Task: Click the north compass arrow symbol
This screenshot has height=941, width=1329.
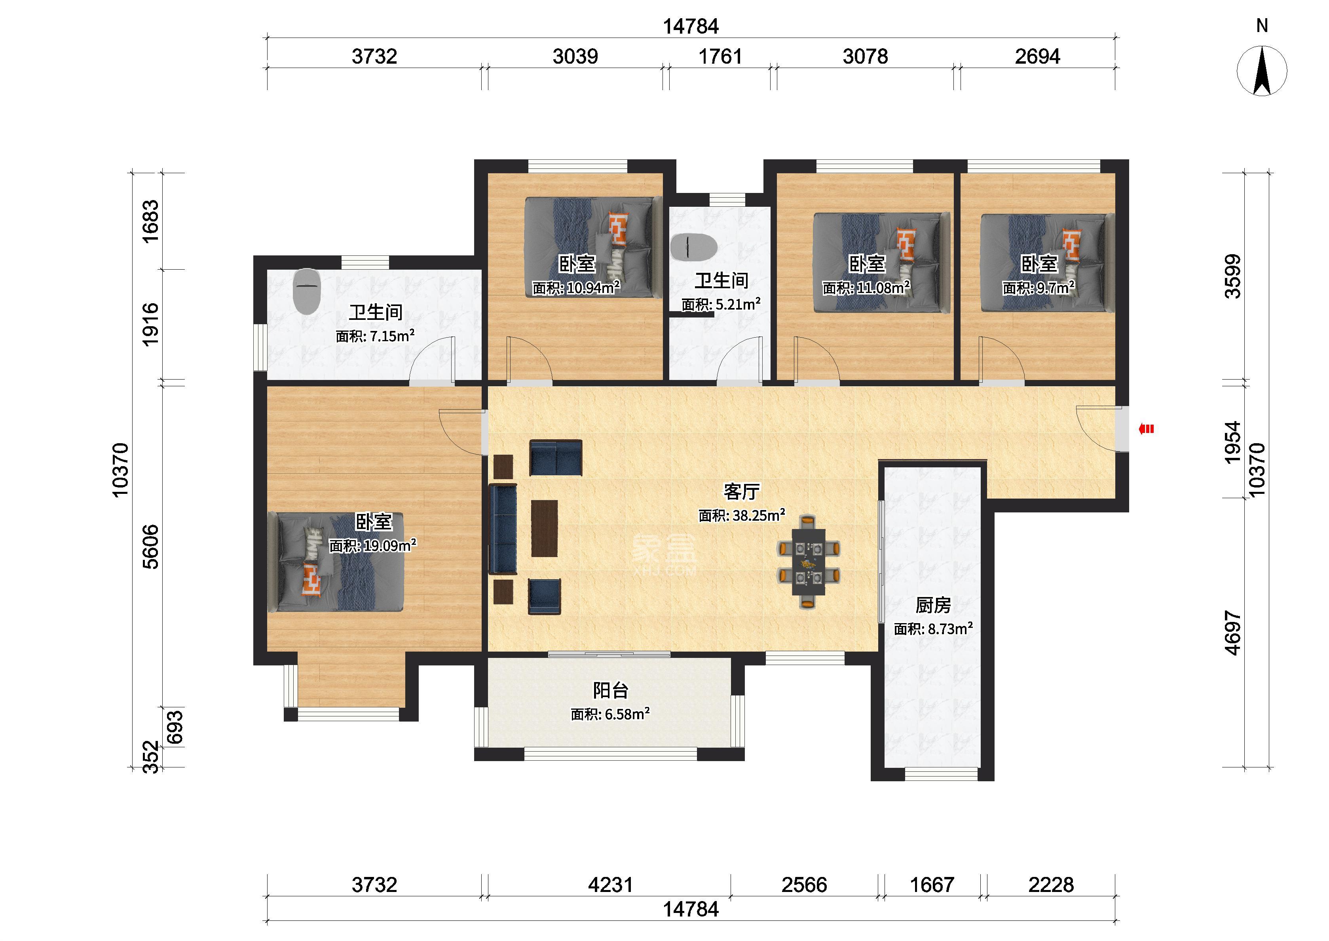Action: click(1262, 71)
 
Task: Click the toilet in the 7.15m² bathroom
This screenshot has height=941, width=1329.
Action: click(308, 291)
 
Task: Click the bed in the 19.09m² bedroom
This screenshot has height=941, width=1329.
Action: click(336, 561)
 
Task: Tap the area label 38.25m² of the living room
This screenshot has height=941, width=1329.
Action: click(742, 515)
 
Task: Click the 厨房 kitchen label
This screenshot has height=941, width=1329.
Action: click(933, 605)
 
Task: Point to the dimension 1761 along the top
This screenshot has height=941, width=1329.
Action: click(720, 56)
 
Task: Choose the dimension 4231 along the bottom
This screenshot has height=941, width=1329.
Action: click(610, 885)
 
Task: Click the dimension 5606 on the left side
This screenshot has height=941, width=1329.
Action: click(150, 546)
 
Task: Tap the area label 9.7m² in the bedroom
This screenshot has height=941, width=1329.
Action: click(1039, 287)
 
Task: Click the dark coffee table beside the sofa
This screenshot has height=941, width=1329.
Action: click(545, 529)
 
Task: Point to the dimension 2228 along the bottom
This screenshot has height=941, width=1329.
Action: click(1051, 885)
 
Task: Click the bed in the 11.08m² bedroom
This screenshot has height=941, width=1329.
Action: click(881, 263)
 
